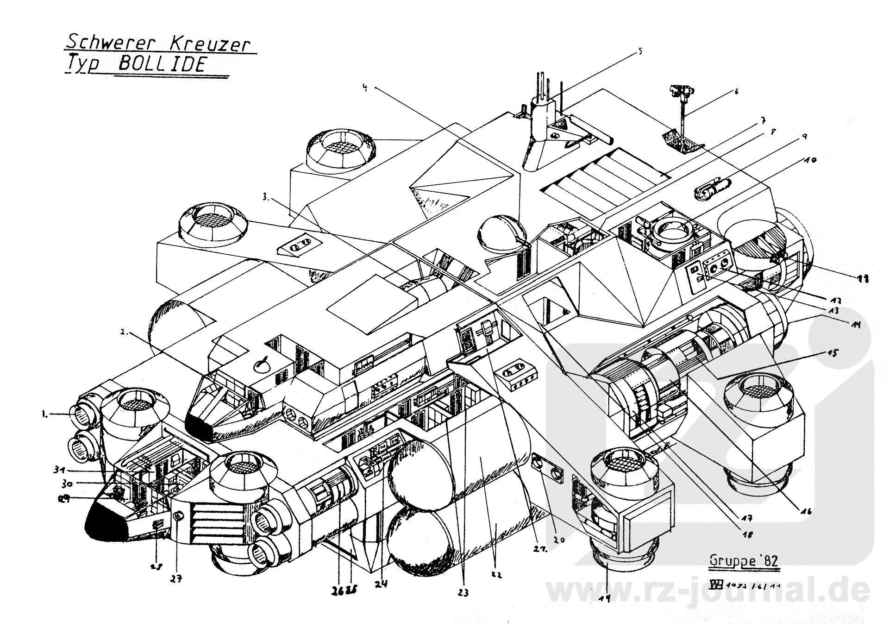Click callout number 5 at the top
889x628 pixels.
click(x=640, y=52)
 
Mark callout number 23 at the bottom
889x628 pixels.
click(x=463, y=592)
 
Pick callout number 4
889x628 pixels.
click(x=365, y=88)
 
